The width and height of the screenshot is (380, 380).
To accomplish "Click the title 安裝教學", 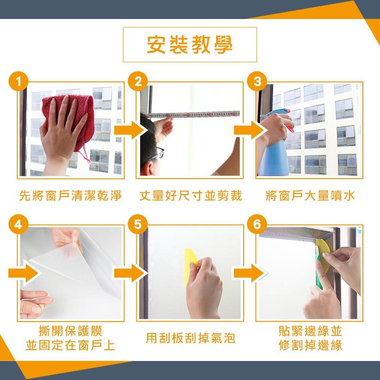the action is pyautogui.click(x=190, y=45).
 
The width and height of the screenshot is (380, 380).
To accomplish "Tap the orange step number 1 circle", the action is pyautogui.click(x=19, y=81).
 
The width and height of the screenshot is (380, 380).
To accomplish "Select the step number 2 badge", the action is pyautogui.click(x=138, y=81).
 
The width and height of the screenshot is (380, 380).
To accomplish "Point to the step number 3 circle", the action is pyautogui.click(x=257, y=81).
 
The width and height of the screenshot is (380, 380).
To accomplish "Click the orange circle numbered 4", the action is pyautogui.click(x=19, y=224).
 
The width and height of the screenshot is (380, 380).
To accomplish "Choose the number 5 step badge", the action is pyautogui.click(x=138, y=224).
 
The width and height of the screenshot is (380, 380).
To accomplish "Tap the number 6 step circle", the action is pyautogui.click(x=257, y=224).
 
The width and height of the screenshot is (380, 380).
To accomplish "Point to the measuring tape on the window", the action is pyautogui.click(x=193, y=114).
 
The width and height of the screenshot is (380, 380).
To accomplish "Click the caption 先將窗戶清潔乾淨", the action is pyautogui.click(x=70, y=196).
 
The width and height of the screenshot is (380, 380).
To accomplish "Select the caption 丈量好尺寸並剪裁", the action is pyautogui.click(x=190, y=196).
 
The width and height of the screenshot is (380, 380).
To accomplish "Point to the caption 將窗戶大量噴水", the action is pyautogui.click(x=310, y=196).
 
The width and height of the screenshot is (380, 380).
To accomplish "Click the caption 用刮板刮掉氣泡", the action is pyautogui.click(x=190, y=338).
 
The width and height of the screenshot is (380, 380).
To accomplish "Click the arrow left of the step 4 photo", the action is pyautogui.click(x=23, y=273).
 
